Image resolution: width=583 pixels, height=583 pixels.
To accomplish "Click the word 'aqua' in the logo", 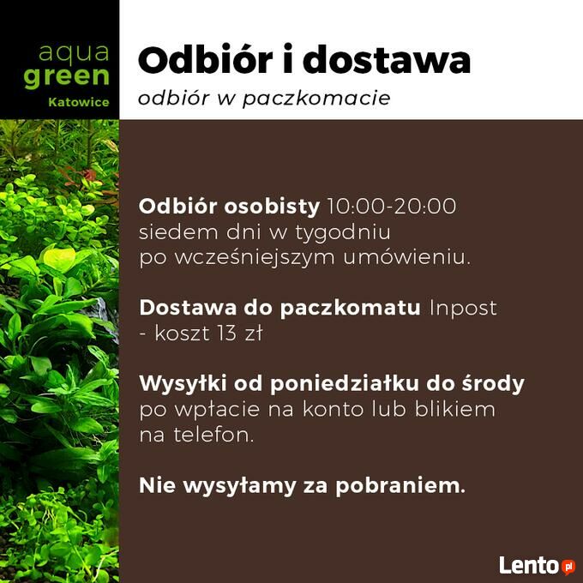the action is pyautogui.click(x=74, y=53).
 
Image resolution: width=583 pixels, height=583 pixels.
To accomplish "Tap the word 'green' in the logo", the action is pyautogui.click(x=67, y=77).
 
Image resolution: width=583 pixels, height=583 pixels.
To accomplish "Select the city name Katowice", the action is pyautogui.click(x=79, y=102).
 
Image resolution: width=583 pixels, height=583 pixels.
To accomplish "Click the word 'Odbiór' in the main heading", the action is pyautogui.click(x=205, y=60).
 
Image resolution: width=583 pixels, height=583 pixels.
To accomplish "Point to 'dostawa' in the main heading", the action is pyautogui.click(x=387, y=60).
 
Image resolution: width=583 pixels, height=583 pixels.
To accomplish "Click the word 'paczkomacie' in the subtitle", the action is pyautogui.click(x=316, y=99).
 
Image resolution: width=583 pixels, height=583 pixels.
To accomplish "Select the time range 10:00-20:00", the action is pyautogui.click(x=392, y=206).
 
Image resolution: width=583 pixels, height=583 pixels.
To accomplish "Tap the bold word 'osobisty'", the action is pyautogui.click(x=272, y=207).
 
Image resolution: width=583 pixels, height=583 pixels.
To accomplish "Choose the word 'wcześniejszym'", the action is pyautogui.click(x=255, y=258).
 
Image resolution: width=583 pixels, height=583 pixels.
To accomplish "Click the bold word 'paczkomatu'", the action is pyautogui.click(x=351, y=309).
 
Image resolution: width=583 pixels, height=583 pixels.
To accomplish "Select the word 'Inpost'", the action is pyautogui.click(x=463, y=309).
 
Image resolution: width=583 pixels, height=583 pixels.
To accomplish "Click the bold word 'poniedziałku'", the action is pyautogui.click(x=345, y=384).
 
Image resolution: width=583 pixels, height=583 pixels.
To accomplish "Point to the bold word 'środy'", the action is pyautogui.click(x=493, y=384).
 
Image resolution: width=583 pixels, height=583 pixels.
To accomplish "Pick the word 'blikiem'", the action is pyautogui.click(x=454, y=409).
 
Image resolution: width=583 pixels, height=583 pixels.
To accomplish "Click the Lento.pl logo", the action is pyautogui.click(x=537, y=566).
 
